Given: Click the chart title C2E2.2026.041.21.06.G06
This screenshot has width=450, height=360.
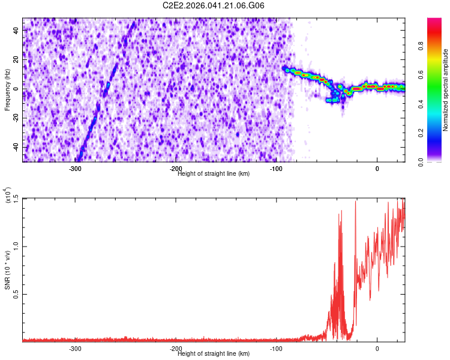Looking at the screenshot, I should (214, 5).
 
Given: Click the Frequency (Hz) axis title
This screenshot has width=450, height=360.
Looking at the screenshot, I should (7, 89).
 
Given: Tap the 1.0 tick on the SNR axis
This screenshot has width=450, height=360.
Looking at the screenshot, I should (16, 246).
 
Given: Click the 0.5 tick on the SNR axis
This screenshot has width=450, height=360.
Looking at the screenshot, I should (16, 294).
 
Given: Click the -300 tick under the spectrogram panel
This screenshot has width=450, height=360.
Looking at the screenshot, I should (75, 169).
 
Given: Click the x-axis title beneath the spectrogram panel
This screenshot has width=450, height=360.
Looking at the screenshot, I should (214, 174).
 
